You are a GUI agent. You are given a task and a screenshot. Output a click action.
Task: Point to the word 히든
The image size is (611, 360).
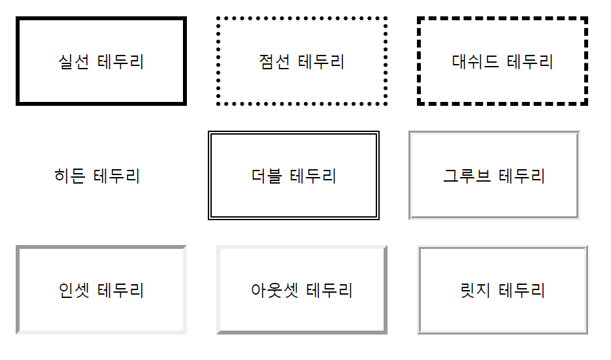tap(70, 176)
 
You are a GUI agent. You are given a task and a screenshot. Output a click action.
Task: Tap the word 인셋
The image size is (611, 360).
tap(74, 289)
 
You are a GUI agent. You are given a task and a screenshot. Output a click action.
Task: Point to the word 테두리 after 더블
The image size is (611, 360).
tap(313, 176)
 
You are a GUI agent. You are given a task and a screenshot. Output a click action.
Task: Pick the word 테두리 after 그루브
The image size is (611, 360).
tap(521, 176)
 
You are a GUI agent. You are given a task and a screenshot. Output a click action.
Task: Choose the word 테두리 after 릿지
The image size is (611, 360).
tap(521, 289)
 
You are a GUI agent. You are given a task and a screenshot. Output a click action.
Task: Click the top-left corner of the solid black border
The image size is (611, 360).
tap(18, 20)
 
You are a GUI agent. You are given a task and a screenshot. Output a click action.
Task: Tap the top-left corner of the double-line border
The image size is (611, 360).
tap(209, 132)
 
